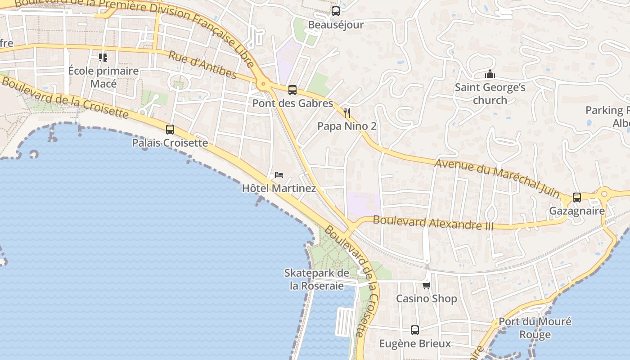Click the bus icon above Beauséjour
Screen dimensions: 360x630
[335, 11]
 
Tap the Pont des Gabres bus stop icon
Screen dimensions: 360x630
[292, 90]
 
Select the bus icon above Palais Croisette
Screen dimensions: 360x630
[170, 130]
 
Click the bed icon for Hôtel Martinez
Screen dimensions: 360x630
[279, 175]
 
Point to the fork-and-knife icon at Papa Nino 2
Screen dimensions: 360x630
[347, 112]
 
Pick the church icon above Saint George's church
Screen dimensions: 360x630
[490, 74]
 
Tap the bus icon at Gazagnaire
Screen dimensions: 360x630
[577, 197]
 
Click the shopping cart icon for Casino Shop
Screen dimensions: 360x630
[426, 285]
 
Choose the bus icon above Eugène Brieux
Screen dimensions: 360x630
[415, 330]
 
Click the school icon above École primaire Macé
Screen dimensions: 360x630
[103, 58]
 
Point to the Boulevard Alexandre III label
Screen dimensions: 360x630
[433, 223]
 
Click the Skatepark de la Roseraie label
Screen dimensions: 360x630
[317, 279]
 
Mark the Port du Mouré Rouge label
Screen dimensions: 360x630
[535, 328]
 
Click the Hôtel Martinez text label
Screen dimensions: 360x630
[279, 188]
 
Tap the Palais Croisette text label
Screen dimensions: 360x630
[170, 143]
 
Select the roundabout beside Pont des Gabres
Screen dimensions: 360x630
[263, 84]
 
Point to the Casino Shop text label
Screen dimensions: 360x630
[426, 298]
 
